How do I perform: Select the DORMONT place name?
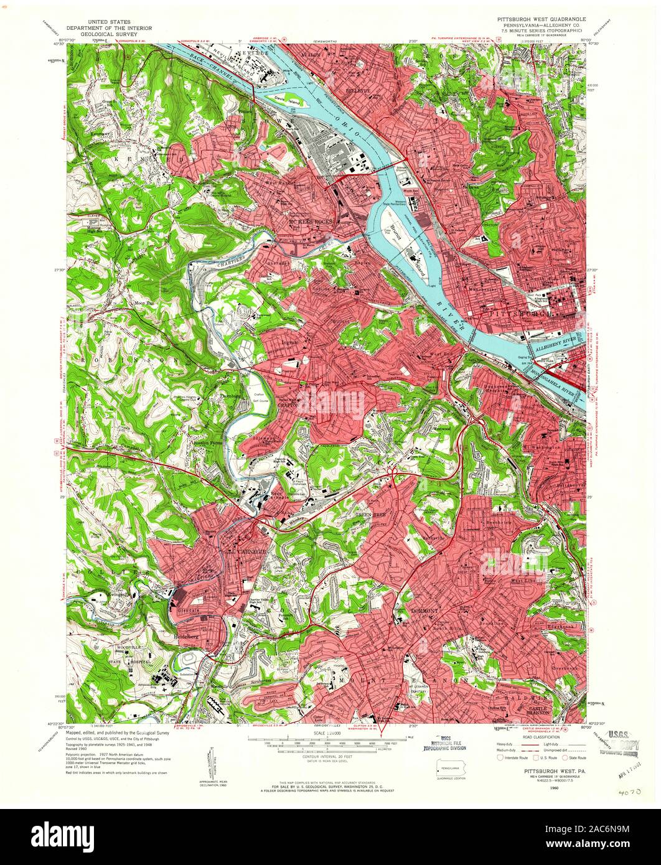tap(426, 611)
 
